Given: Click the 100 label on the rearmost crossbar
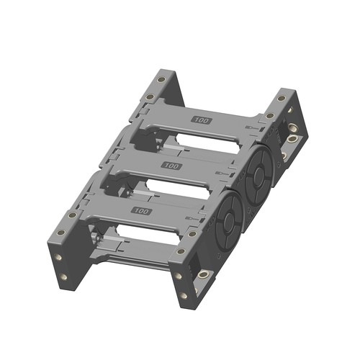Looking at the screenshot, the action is pyautogui.click(x=202, y=120).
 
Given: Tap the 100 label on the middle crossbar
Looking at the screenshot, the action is pyautogui.click(x=171, y=166).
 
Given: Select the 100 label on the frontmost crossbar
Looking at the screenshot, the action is pyautogui.click(x=142, y=211).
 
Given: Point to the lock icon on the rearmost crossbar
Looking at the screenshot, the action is pyautogui.click(x=252, y=128).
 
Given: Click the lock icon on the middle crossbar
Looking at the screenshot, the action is pyautogui.click(x=222, y=173).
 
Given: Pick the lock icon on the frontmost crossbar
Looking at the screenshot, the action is pyautogui.click(x=192, y=218).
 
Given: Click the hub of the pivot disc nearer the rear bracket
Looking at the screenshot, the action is pyautogui.click(x=258, y=176).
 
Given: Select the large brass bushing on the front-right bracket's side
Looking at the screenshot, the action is pyautogui.click(x=203, y=274).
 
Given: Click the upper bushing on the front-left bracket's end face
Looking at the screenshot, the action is pyautogui.click(x=58, y=258).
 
